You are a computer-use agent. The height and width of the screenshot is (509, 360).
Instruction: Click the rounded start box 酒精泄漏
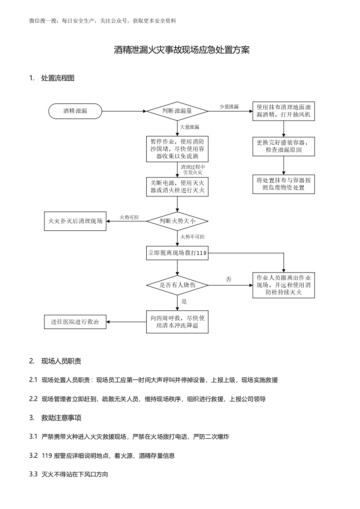pyautogui.click(x=75, y=111)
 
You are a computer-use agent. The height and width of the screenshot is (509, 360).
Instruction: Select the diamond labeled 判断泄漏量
pyautogui.click(x=177, y=111)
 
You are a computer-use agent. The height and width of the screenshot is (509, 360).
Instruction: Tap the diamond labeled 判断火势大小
pyautogui.click(x=177, y=221)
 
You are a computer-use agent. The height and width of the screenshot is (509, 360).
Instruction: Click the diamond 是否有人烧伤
pyautogui.click(x=177, y=285)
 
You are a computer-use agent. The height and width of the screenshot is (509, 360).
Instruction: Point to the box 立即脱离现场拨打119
pyautogui.click(x=177, y=253)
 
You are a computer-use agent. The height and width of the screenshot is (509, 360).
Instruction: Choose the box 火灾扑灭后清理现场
pyautogui.click(x=75, y=221)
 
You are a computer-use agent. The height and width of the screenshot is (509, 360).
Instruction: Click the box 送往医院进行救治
pyautogui.click(x=75, y=322)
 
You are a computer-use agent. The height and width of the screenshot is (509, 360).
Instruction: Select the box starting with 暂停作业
pyautogui.click(x=177, y=149)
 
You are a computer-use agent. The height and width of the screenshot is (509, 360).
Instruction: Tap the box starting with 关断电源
pyautogui.click(x=177, y=186)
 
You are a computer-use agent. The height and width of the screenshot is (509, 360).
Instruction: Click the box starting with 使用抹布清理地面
pyautogui.click(x=284, y=111)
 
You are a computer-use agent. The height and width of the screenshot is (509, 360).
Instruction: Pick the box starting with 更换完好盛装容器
pyautogui.click(x=284, y=146)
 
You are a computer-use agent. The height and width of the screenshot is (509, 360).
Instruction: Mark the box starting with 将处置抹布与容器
pyautogui.click(x=284, y=184)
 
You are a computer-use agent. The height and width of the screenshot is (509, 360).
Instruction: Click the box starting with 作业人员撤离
pyautogui.click(x=284, y=285)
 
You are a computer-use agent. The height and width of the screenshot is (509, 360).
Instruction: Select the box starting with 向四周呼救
pyautogui.click(x=177, y=322)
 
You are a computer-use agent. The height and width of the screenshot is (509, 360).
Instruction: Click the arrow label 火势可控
pyautogui.click(x=129, y=218)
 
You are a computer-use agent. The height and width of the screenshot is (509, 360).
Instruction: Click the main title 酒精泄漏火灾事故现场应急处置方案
pyautogui.click(x=182, y=50)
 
